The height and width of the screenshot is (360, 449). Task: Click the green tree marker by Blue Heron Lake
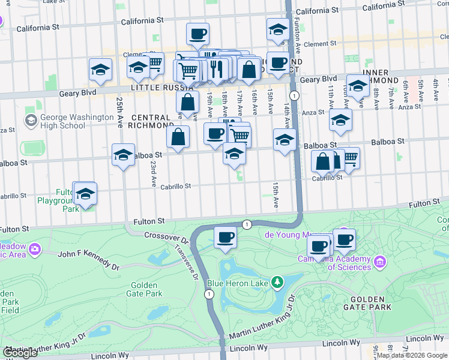(277, 281)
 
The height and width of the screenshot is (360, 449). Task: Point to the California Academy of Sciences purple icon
(379, 262)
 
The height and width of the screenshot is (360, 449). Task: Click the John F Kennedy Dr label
(88, 259)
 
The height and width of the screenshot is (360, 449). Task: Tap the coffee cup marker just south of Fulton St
(225, 238)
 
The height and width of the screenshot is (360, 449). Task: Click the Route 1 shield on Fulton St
(246, 224)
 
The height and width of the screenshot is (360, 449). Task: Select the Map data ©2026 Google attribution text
(412, 355)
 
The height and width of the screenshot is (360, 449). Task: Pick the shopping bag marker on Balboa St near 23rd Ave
(179, 137)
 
